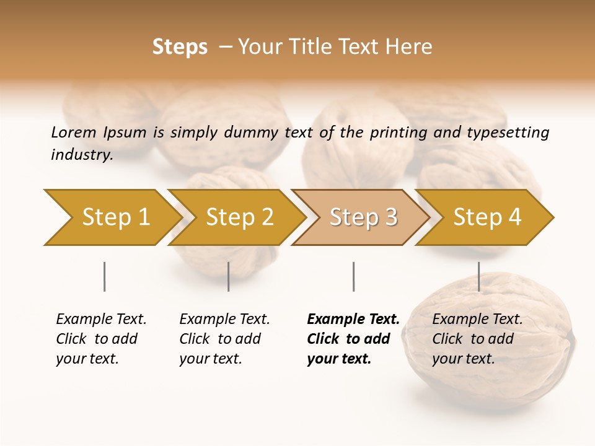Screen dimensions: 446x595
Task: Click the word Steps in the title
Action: pyautogui.click(x=180, y=47)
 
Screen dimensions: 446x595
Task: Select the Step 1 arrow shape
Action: pyautogui.click(x=112, y=217)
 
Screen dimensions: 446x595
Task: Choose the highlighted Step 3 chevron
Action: pyautogui.click(x=363, y=217)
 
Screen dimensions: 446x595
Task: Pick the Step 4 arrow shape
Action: pyautogui.click(x=487, y=217)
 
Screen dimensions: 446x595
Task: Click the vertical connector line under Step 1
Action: pyautogui.click(x=104, y=276)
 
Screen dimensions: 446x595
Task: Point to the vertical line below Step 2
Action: pyautogui.click(x=229, y=276)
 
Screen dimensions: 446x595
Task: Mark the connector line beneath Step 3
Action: pyautogui.click(x=353, y=276)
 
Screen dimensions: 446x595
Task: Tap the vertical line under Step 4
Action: pyautogui.click(x=478, y=276)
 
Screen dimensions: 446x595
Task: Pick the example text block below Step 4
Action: pyautogui.click(x=477, y=339)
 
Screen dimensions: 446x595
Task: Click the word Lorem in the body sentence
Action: pyautogui.click(x=74, y=132)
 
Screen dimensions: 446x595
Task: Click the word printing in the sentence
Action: pyautogui.click(x=397, y=133)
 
